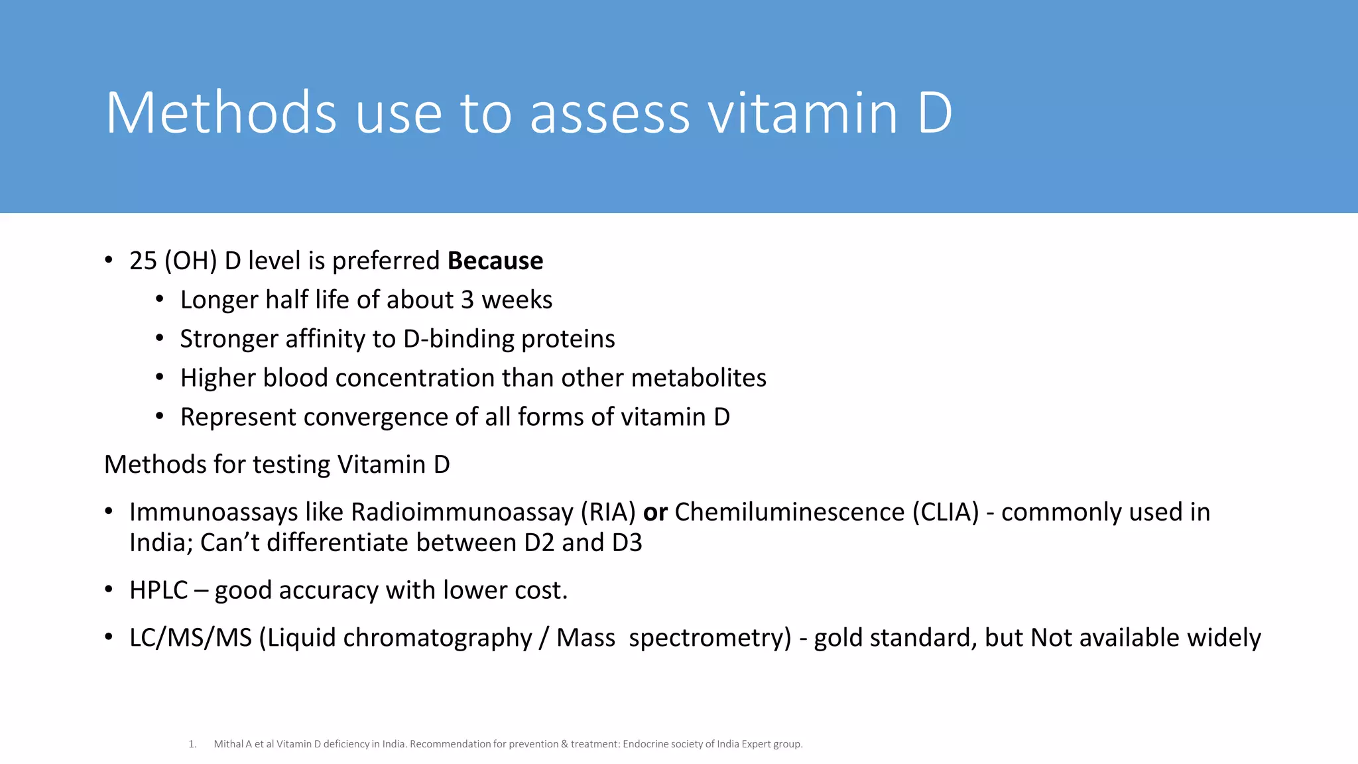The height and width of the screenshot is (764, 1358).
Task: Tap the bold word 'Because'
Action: tap(495, 261)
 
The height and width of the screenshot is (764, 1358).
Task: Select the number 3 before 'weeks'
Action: tap(467, 300)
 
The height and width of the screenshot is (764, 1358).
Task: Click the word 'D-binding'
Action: tap(458, 339)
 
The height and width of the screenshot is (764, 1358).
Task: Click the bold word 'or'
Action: tap(655, 512)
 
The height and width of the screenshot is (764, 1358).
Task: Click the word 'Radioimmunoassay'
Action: tap(462, 512)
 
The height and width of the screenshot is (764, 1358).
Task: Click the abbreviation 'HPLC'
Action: tap(159, 590)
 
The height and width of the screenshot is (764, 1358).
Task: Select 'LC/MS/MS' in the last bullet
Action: tap(191, 638)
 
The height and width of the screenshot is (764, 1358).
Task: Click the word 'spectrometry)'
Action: tap(710, 638)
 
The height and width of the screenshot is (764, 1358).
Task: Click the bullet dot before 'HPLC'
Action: tap(109, 589)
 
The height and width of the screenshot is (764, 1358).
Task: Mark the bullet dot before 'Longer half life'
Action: tap(160, 299)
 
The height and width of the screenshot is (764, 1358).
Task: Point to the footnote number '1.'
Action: tap(192, 744)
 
